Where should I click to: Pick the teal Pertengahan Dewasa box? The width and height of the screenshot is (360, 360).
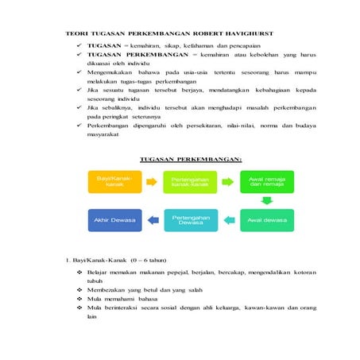click(190, 219)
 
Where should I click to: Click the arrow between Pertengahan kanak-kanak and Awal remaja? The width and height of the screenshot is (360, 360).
click(228, 183)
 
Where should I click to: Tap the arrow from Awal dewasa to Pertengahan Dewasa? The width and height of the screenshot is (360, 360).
click(228, 220)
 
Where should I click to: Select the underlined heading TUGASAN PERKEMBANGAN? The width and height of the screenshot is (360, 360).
click(191, 159)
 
